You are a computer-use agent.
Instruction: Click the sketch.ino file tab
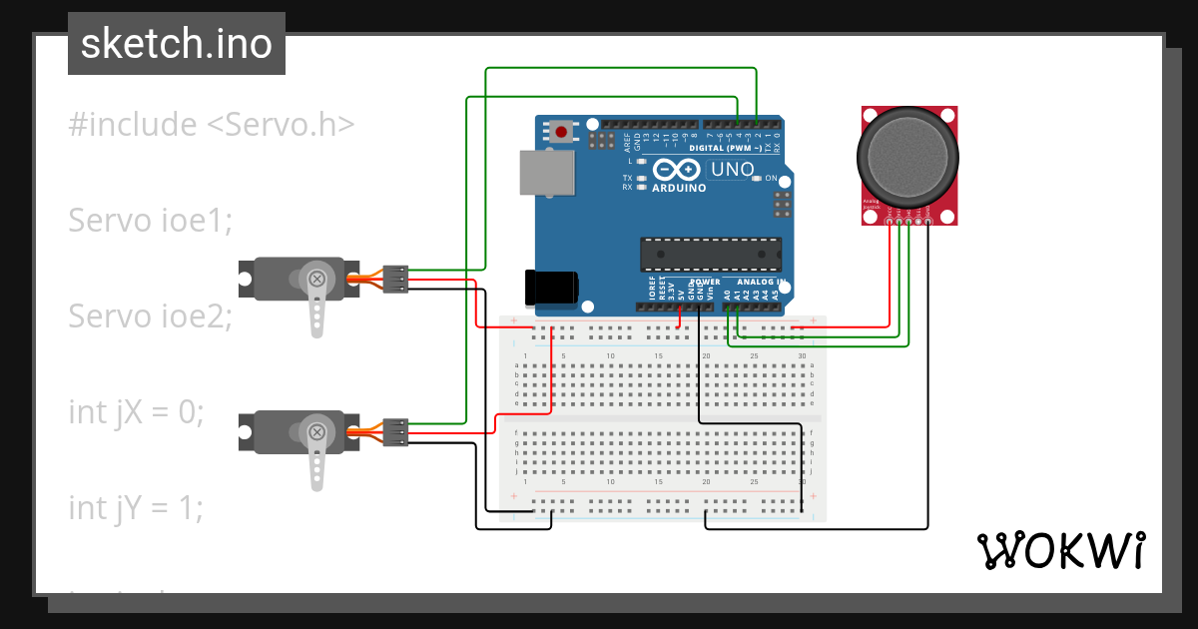tap(176, 44)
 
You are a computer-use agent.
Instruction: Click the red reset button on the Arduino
tap(562, 132)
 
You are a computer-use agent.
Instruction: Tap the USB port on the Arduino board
tap(547, 172)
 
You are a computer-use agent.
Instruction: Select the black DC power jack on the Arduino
tap(552, 287)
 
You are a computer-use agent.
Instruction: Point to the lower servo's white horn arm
tap(317, 458)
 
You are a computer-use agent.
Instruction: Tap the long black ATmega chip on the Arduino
tap(709, 255)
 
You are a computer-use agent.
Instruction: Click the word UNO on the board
tap(733, 170)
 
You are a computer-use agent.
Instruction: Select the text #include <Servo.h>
tap(212, 125)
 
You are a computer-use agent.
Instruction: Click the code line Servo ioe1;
tap(150, 220)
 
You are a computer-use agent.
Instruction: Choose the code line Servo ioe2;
tap(150, 316)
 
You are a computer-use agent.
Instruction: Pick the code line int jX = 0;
tap(136, 411)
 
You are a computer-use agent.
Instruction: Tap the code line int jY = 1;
tap(136, 507)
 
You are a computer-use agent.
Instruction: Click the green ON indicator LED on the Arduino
tap(758, 178)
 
